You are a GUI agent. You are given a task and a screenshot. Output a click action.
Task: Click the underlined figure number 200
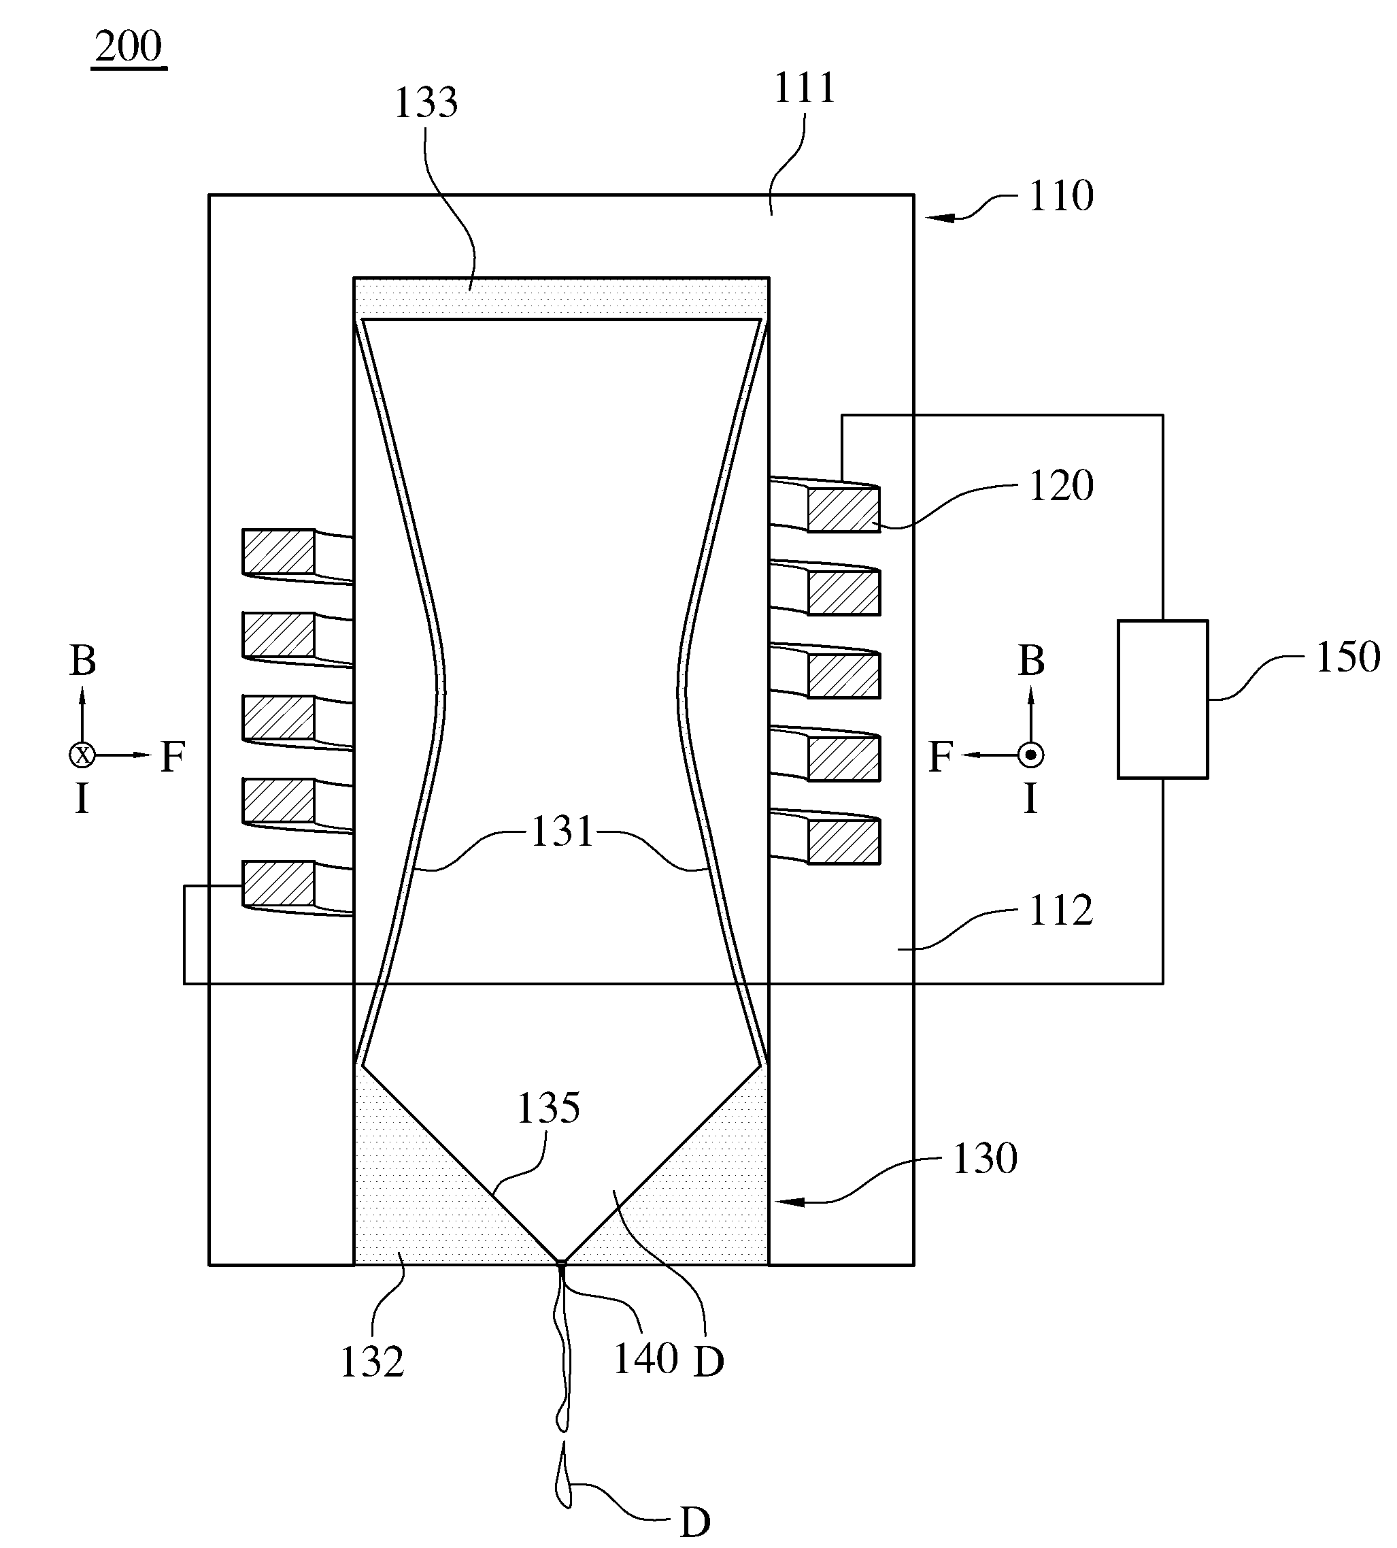coord(129,48)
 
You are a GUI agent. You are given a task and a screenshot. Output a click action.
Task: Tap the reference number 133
coord(426,102)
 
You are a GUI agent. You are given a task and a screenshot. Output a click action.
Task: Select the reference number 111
coord(805,88)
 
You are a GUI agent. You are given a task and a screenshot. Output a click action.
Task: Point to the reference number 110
coord(1062,196)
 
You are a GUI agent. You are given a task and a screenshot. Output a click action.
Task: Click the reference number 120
coord(1062,485)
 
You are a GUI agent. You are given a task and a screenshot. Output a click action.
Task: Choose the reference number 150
coord(1348,657)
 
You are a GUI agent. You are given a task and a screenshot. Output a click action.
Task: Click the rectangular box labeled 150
coord(1163,699)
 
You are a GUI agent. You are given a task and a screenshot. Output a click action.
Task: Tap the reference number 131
coord(562,831)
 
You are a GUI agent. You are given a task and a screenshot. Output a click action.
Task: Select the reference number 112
coord(1061,910)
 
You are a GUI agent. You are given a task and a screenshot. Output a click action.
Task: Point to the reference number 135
coord(548,1108)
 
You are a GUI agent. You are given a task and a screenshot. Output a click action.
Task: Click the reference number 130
coord(985,1158)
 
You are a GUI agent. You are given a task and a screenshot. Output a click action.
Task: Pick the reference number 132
coord(372,1363)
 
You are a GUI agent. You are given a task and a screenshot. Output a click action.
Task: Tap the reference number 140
coord(645,1358)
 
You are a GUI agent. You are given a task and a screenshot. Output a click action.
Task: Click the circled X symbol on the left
coord(82,755)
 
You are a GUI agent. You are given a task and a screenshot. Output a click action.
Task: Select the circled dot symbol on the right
coord(1031,755)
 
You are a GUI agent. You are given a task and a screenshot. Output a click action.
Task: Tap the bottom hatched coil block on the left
coord(279,883)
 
